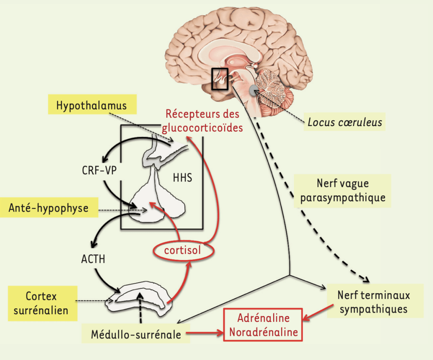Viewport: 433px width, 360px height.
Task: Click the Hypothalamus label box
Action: point(91,105)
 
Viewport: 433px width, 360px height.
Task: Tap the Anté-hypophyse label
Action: point(49,208)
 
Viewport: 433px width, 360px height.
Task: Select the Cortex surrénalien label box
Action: point(41,303)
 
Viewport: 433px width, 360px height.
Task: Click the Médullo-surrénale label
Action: point(136,335)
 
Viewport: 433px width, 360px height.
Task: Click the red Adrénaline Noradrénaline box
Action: point(263,325)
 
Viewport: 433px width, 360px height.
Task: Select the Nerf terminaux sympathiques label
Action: point(374,302)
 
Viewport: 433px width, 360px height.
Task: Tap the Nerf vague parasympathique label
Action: point(343,191)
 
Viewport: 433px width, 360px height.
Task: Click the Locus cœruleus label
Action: point(345,123)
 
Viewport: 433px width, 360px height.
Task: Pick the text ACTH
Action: point(93,259)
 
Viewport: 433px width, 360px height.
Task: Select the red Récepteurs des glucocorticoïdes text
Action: point(203,121)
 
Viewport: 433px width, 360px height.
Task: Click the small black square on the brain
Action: point(220,79)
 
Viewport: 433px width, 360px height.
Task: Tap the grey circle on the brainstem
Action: point(254,90)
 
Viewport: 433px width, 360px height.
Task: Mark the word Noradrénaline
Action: point(263,332)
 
